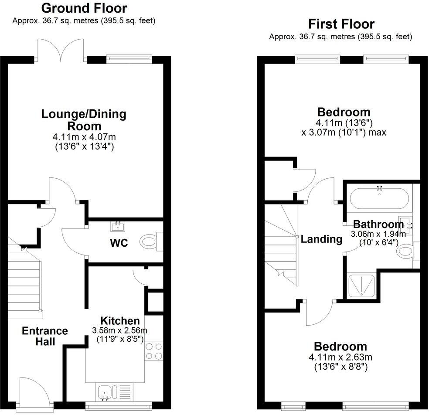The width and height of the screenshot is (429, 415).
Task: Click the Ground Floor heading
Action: pyautogui.click(x=84, y=8)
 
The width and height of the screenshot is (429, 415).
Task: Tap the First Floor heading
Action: pyautogui.click(x=341, y=24)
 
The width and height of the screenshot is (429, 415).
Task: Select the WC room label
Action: pyautogui.click(x=119, y=243)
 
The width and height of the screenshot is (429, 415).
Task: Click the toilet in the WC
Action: pyautogui.click(x=150, y=241)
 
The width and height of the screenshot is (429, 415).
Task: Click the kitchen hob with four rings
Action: pyautogui.click(x=154, y=351)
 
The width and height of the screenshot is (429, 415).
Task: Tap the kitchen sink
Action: pyautogui.click(x=105, y=391)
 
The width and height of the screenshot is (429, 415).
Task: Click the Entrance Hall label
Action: pyautogui.click(x=45, y=336)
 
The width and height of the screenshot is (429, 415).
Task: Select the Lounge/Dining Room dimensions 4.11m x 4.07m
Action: pyautogui.click(x=84, y=137)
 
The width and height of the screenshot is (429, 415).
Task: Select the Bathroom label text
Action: pyautogui.click(x=378, y=225)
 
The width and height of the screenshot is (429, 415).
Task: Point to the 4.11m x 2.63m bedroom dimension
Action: pyautogui.click(x=340, y=358)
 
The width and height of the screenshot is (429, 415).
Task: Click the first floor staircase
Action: pyautogui.click(x=281, y=244)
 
